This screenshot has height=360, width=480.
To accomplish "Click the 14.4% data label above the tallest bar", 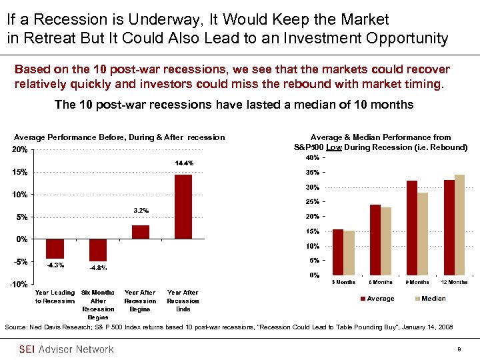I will pos(184,163).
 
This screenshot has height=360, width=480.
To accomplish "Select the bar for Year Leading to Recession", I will pos(55,249).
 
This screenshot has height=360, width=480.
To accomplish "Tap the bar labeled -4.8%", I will pos(98,250).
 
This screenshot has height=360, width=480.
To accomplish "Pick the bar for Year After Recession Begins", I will pos(141,231).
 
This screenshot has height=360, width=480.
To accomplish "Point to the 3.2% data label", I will pos(141,211).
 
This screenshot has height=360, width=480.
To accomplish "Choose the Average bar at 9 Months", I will pos(412,227).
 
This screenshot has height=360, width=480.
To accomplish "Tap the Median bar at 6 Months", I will pos(386,241).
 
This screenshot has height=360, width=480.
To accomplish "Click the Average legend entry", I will pos(377,299).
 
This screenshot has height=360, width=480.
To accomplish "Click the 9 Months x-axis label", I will pos(417,282).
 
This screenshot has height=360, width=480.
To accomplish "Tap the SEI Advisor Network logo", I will pos(66,349).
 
